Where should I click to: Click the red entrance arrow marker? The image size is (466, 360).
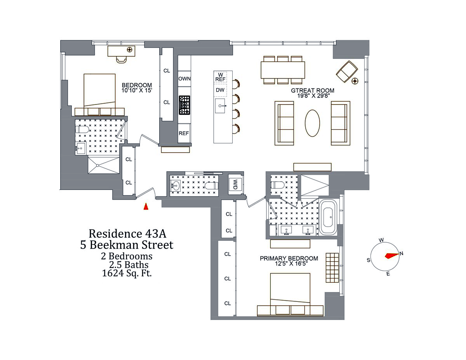[146, 207]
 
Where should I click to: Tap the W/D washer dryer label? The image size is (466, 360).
[235, 184]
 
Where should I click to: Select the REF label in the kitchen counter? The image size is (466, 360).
[184, 133]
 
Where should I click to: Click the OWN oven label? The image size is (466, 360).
[184, 78]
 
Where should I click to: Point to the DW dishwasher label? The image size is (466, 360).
[220, 90]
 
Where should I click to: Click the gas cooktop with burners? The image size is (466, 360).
[184, 105]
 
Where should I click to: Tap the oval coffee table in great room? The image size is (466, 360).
[312, 123]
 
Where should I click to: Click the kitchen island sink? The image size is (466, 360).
[221, 105]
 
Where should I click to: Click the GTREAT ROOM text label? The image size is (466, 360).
[313, 91]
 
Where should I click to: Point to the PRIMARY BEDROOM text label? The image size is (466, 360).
[289, 258]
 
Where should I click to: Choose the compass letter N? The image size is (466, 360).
[402, 254]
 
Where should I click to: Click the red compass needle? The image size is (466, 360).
[391, 256]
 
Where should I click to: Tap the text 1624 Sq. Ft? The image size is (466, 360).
[127, 273]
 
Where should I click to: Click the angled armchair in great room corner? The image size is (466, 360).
[346, 71]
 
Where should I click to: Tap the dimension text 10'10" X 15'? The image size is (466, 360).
[137, 91]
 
